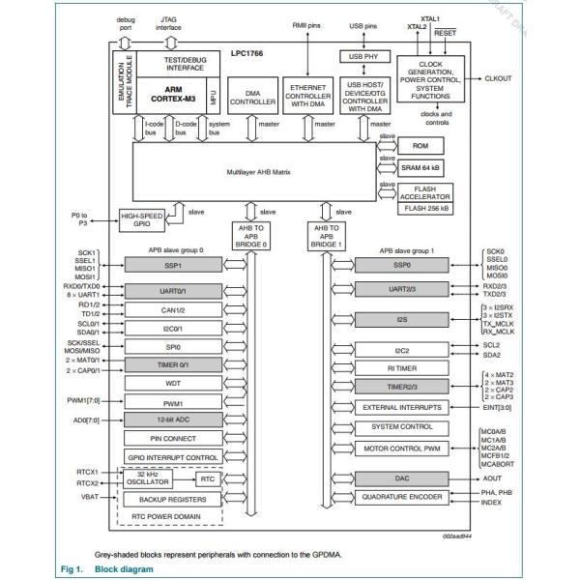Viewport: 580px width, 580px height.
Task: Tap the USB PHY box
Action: [x=362, y=57]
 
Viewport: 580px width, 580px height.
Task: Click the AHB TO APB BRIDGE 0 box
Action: [x=250, y=235]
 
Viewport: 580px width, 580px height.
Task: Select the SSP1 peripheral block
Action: [x=172, y=265]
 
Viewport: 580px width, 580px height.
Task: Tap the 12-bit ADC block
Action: [x=172, y=420]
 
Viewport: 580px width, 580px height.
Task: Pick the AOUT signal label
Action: [x=492, y=478]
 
